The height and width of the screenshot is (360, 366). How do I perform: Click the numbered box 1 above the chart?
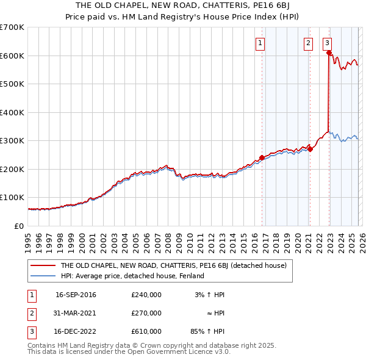[x=260, y=43]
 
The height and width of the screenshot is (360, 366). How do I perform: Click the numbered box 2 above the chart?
[x=308, y=43]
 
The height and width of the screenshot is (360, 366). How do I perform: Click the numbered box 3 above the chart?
[x=328, y=43]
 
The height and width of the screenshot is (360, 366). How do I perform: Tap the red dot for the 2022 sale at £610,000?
[x=329, y=53]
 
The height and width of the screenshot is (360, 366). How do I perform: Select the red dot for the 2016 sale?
[x=262, y=157]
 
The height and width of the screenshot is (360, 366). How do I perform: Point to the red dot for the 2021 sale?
[x=310, y=149]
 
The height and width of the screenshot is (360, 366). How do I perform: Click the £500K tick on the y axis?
[x=12, y=84]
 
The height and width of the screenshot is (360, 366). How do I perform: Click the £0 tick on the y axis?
[x=19, y=226]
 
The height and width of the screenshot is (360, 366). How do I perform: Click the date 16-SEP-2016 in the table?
[x=76, y=295]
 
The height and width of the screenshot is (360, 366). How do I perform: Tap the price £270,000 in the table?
[x=146, y=313]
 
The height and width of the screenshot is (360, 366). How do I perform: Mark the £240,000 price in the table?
[x=146, y=295]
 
